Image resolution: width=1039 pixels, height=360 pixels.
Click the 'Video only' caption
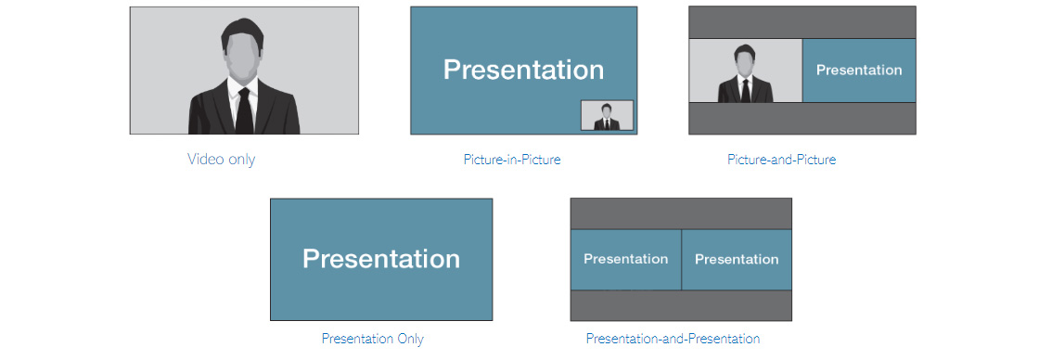(x=221, y=159)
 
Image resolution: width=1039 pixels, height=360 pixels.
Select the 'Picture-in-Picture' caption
(x=511, y=159)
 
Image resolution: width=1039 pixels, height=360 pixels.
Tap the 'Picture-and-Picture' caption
(x=781, y=159)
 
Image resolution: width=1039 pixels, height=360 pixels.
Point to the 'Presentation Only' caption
(x=372, y=338)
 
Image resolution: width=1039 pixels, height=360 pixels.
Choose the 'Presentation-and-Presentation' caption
(x=673, y=338)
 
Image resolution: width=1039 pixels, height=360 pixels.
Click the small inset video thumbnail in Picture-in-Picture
(x=607, y=115)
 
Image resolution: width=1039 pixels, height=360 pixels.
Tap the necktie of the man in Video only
(x=244, y=110)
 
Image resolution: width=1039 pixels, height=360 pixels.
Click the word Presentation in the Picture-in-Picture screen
(x=523, y=70)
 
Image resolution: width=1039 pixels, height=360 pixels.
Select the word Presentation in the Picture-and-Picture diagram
(x=859, y=71)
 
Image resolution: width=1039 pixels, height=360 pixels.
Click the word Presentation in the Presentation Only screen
(x=381, y=259)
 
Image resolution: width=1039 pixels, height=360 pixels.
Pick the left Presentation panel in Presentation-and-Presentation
(x=625, y=259)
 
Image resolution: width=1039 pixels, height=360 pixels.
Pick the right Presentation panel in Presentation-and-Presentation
(x=737, y=259)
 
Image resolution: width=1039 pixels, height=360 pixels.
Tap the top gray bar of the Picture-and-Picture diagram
(x=802, y=22)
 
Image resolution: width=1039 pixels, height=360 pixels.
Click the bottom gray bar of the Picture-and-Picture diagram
(x=802, y=119)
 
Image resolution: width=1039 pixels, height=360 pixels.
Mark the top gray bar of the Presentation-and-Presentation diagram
(x=681, y=213)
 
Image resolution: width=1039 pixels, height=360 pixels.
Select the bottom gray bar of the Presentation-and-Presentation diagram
(x=681, y=305)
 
